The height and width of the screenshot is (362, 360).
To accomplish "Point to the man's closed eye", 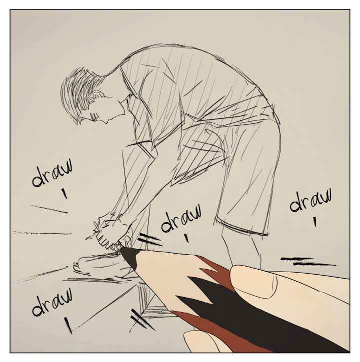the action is click(95, 116).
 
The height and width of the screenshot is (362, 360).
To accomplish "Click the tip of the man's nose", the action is click(107, 122).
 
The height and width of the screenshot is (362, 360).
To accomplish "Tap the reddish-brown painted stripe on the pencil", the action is click(222, 328).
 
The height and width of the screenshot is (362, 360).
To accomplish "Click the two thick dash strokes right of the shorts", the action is click(307, 261).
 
